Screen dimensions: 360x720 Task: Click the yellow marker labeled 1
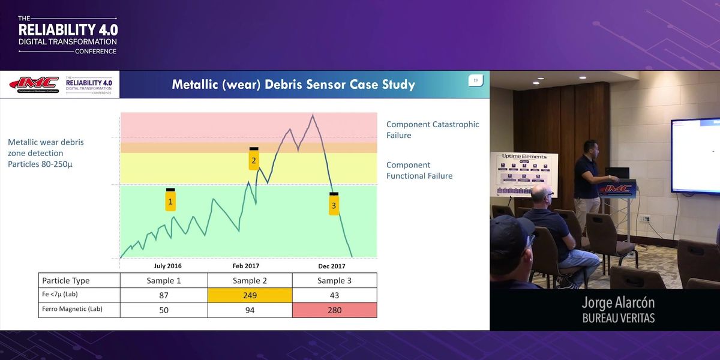[170, 200]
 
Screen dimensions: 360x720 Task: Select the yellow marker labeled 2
[254, 160]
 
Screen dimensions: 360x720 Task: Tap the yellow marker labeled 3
[334, 205]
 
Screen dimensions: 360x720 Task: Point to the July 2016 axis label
[168, 266]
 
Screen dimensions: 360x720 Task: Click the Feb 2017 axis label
[247, 266]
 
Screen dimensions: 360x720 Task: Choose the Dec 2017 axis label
[332, 266]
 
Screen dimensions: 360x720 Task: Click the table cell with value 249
[250, 295]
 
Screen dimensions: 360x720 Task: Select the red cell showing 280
[334, 310]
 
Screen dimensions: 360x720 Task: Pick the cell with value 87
[164, 295]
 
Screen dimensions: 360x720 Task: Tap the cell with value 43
[334, 295]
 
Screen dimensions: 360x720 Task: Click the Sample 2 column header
[250, 280]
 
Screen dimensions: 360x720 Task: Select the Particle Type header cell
[66, 280]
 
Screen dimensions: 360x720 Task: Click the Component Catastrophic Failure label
[433, 130]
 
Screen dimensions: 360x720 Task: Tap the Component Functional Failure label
[419, 170]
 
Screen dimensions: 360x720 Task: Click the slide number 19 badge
[475, 80]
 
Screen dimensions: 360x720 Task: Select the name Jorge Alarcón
[618, 303]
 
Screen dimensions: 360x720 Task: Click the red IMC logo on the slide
[34, 84]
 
